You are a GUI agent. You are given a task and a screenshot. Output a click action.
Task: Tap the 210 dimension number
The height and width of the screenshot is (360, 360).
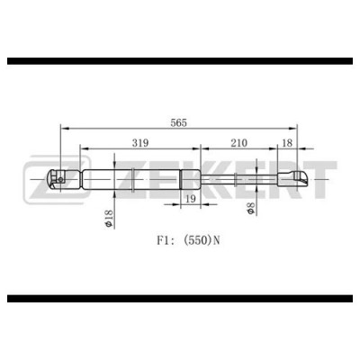point(239,141)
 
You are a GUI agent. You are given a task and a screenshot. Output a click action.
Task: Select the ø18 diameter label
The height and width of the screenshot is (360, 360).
point(105,216)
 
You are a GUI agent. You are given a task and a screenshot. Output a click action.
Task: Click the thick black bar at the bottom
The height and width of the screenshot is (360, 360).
point(180,298)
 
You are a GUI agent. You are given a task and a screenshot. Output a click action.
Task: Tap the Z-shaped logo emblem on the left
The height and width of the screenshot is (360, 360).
point(42,180)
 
